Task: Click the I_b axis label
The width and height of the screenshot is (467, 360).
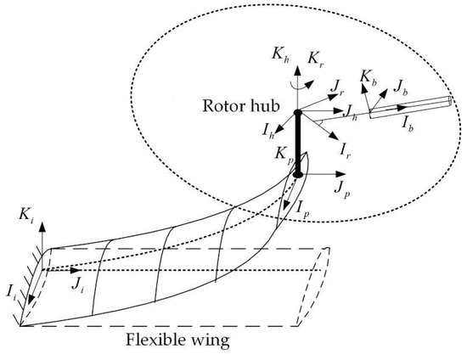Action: coord(409,122)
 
